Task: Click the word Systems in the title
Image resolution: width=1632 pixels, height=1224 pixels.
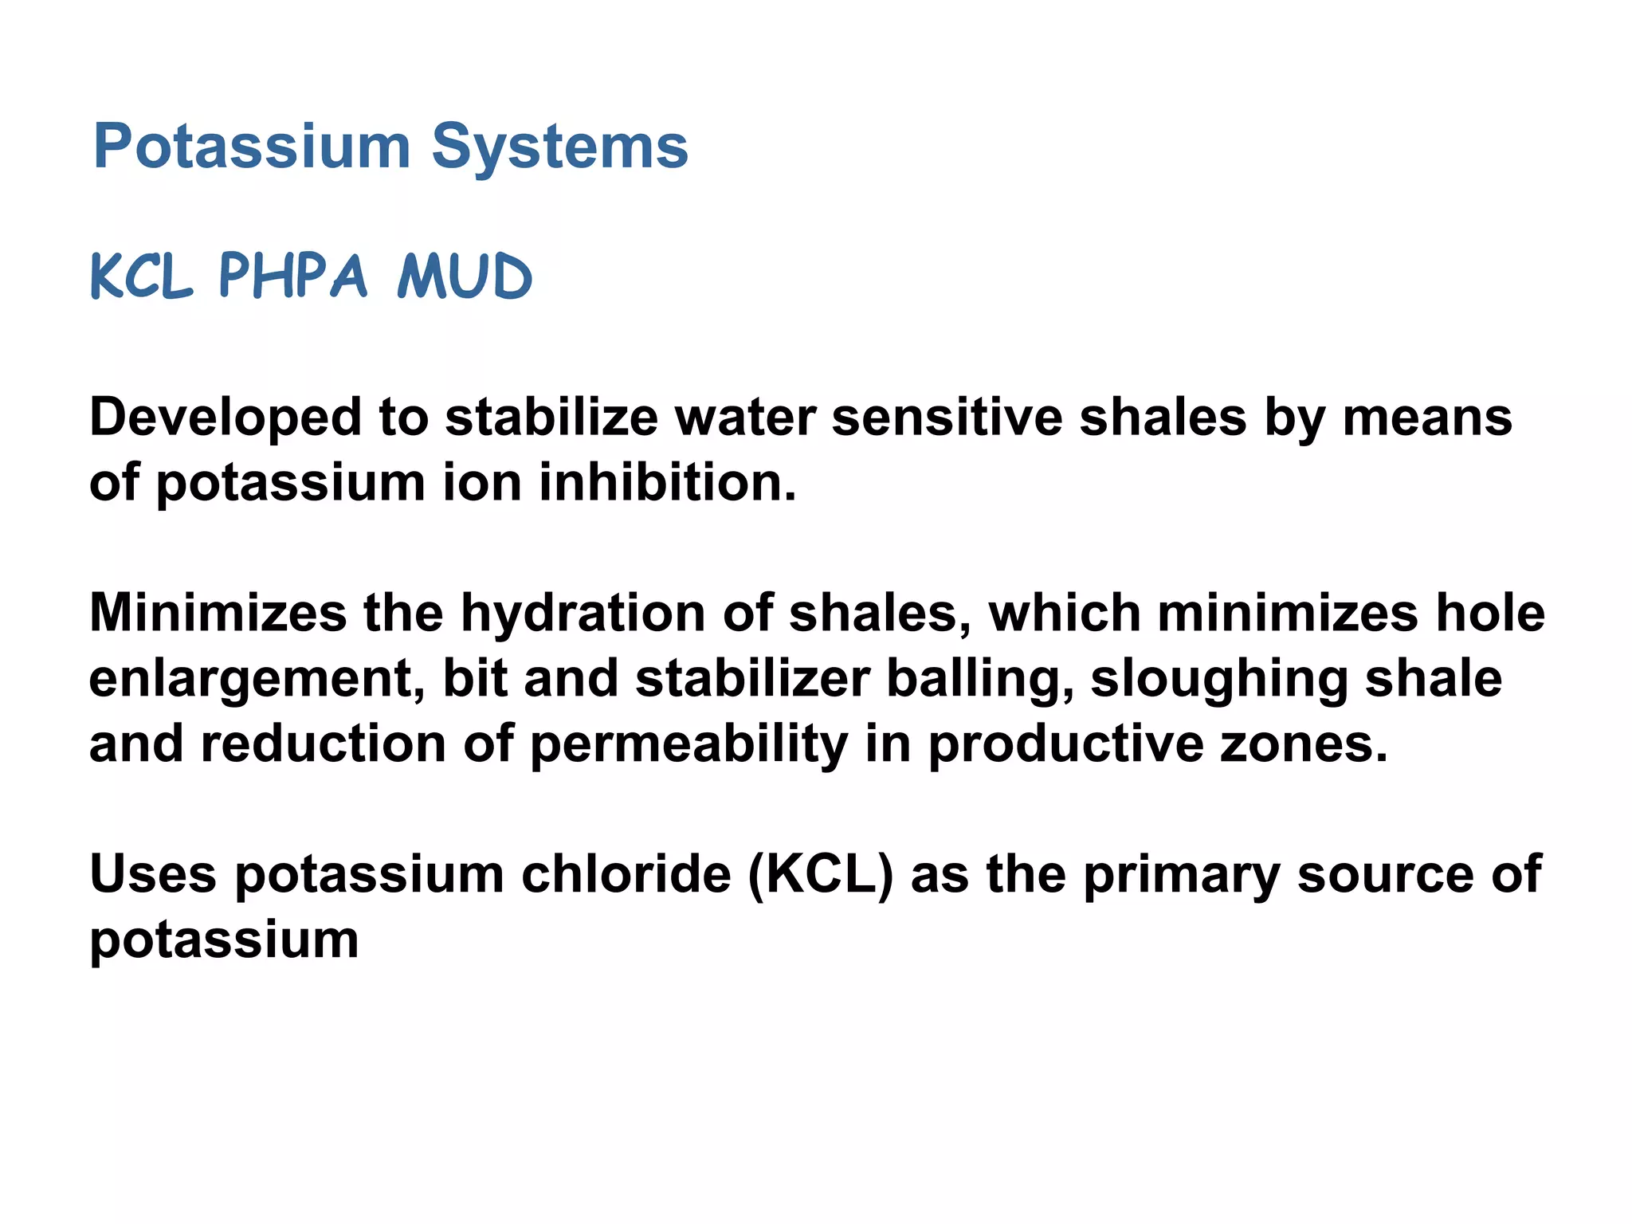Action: coord(559,147)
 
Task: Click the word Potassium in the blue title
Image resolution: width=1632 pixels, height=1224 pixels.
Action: coord(252,147)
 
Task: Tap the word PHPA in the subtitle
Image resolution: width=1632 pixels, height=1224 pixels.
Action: coord(292,277)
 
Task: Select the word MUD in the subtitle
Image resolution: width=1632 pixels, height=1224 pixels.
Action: coord(465,277)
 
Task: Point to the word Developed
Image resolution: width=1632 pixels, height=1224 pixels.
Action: coord(226,418)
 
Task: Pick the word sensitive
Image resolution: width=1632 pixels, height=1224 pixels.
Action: coord(947,418)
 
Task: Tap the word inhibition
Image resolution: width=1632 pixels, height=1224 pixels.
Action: coord(668,483)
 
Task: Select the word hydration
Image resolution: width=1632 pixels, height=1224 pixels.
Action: coord(583,614)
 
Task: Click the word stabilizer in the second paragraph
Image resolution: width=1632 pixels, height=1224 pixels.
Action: coord(752,679)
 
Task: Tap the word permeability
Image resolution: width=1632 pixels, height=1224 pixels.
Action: coord(688,744)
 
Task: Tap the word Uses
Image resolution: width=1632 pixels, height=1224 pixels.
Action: coord(153,874)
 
